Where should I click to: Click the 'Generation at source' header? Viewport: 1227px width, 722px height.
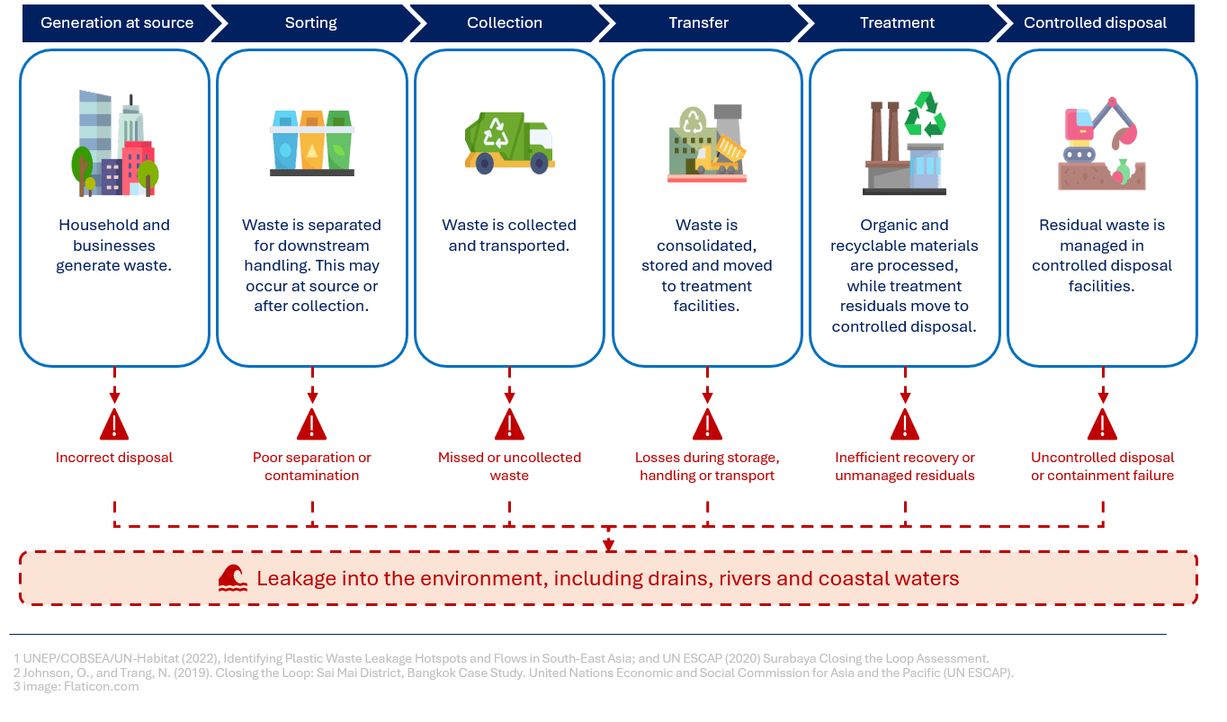coord(117,23)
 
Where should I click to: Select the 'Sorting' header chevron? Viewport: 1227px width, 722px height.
coord(311,23)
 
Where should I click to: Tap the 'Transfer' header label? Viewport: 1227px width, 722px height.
coord(698,23)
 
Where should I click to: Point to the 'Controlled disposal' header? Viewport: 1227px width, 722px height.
coord(1095,23)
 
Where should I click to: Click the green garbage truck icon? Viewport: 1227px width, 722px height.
coord(509,143)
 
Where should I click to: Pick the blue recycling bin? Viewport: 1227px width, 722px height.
coord(285,141)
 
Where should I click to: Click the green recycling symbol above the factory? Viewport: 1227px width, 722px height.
coord(925,114)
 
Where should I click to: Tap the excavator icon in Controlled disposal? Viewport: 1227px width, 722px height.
coord(1101,144)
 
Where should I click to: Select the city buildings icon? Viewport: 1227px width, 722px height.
coord(115,144)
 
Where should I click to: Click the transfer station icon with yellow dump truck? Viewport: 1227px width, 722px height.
coord(707,144)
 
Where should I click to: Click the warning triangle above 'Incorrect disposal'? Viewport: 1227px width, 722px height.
coord(114,424)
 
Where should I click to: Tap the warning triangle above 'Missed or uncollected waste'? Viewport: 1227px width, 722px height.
coord(509,424)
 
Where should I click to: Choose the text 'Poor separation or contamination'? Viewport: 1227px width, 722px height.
coord(311,467)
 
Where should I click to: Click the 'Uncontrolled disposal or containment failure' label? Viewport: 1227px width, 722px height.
coord(1102,467)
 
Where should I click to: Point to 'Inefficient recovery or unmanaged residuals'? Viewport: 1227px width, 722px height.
coord(905,467)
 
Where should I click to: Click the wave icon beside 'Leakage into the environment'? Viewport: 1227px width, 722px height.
coord(233,578)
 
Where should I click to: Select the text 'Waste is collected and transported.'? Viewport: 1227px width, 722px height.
coord(509,236)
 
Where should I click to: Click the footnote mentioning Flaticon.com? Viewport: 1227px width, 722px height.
coord(76,686)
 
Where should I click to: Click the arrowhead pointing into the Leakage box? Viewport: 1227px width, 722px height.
coord(609,545)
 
